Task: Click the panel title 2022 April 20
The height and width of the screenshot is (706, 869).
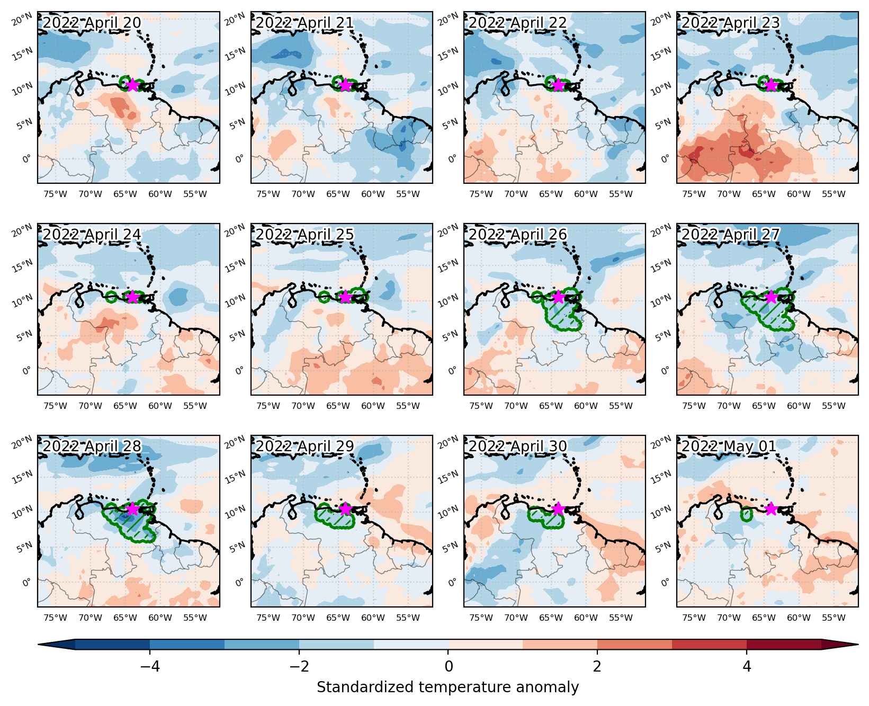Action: tap(92, 23)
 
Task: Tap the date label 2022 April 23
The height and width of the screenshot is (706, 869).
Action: tap(730, 23)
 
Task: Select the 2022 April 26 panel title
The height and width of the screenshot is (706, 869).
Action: tap(517, 234)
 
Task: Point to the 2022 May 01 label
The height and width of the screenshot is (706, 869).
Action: tap(729, 446)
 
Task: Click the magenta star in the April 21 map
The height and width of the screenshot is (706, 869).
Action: tap(345, 85)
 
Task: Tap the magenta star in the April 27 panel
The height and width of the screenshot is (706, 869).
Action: tap(771, 297)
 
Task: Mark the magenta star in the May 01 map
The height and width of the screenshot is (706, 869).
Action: tap(771, 508)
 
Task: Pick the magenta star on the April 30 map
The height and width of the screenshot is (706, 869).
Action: tap(558, 508)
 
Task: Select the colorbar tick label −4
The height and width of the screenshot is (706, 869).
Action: tap(150, 666)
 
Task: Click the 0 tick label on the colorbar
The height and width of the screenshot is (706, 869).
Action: tap(449, 666)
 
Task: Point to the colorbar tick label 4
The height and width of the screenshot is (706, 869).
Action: tap(747, 666)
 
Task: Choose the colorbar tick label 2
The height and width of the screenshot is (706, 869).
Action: tap(597, 666)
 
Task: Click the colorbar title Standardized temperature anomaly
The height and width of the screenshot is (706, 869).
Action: tap(448, 687)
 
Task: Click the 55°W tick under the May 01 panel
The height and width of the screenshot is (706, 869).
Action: tap(834, 618)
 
